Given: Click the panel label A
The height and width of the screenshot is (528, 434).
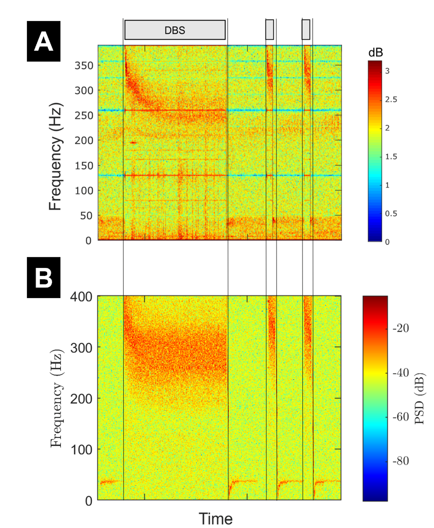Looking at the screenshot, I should coord(44,41).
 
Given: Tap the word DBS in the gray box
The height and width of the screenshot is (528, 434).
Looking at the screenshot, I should coord(175,30).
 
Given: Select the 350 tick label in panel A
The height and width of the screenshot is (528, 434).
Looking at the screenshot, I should coord(84,65).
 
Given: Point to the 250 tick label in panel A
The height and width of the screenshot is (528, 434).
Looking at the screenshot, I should coord(84,116).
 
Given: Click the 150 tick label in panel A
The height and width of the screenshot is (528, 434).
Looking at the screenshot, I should coord(84,165).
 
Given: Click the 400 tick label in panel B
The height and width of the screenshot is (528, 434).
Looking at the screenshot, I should coord(81,297).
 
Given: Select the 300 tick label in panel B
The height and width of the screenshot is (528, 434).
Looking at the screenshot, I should coord(81,348).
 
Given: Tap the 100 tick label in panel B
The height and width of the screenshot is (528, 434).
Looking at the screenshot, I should coord(81,449).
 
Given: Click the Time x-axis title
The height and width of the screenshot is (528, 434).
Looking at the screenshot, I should coord(215,519).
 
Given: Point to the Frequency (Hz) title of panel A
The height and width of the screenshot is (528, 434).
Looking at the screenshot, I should coord(55,156).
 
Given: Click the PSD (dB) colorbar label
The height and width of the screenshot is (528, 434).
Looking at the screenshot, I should coord(420,399).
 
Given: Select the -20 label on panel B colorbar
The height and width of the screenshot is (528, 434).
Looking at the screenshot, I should coord(401,328).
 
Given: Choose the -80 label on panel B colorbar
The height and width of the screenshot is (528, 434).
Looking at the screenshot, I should coord(401,461).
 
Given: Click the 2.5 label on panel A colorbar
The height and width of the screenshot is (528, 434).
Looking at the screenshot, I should coord(391,99).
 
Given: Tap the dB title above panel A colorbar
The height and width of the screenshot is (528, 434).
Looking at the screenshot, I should coord(375,53).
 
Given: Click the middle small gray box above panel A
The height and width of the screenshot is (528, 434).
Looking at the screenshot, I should coord(269,30).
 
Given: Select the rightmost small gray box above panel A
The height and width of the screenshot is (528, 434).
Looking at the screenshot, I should coord(306,30).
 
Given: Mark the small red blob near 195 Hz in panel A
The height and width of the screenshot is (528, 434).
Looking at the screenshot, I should coord(133,142).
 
